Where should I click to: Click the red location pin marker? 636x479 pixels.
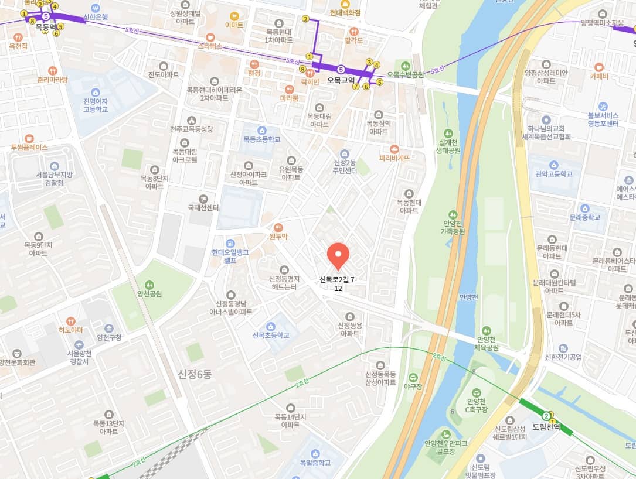pyautogui.click(x=338, y=255)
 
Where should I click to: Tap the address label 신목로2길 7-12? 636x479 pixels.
pyautogui.click(x=338, y=284)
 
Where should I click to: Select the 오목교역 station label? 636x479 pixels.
pyautogui.click(x=342, y=80)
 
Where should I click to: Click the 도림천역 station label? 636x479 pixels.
pyautogui.click(x=546, y=427)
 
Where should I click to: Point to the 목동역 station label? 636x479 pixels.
pyautogui.click(x=45, y=27)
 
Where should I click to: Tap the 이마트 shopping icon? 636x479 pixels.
pyautogui.click(x=234, y=16)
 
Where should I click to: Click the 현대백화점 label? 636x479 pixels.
pyautogui.click(x=345, y=12)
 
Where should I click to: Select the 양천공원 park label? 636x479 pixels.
pyautogui.click(x=149, y=294)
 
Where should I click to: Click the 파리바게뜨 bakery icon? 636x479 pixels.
pyautogui.click(x=394, y=149)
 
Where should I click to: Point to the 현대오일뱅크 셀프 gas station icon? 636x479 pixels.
pyautogui.click(x=230, y=243)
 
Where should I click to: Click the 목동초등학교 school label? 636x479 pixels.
pyautogui.click(x=261, y=139)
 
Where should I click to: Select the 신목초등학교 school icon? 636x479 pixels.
pyautogui.click(x=270, y=326)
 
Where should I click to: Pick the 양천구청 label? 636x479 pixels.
pyautogui.click(x=109, y=337)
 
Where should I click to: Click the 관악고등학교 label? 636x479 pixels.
pyautogui.click(x=553, y=174)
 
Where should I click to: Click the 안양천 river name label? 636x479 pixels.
pyautogui.click(x=469, y=297)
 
